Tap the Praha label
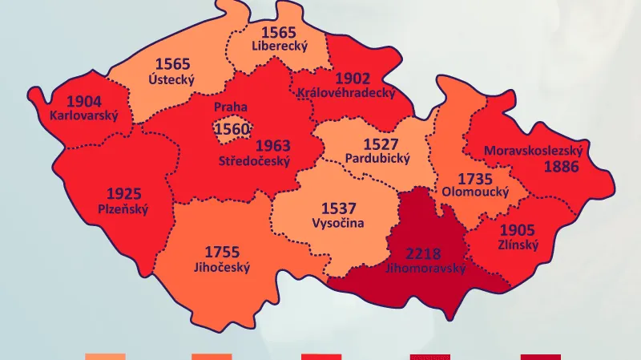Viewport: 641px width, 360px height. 230,107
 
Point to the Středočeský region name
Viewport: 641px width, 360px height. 254,161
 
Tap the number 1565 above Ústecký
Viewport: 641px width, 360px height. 173,63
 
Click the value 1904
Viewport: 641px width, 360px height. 84,101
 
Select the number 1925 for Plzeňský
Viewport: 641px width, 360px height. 124,193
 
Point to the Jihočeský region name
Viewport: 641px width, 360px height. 221,267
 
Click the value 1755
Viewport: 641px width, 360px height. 222,252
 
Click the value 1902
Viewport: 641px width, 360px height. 353,78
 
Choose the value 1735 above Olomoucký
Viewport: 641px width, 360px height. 475,177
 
